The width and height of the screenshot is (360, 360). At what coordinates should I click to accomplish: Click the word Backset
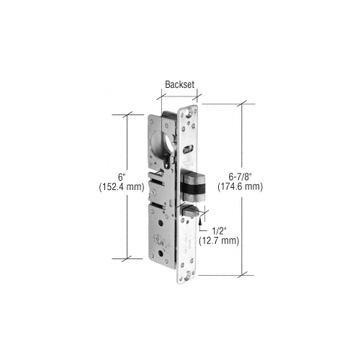pyautogui.click(x=179, y=84)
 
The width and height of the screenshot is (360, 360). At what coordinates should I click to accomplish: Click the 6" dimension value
pyautogui.click(x=122, y=177)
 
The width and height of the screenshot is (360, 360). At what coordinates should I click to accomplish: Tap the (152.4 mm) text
pyautogui.click(x=122, y=187)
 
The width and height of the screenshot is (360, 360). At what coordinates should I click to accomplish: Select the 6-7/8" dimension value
pyautogui.click(x=240, y=177)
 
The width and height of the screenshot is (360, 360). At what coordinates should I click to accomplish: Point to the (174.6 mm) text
pyautogui.click(x=240, y=186)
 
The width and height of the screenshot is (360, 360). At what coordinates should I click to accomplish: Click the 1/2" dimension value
pyautogui.click(x=220, y=231)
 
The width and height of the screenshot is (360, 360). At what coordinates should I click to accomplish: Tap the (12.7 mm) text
pyautogui.click(x=219, y=240)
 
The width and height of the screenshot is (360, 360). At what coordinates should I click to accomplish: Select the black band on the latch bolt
pyautogui.click(x=193, y=188)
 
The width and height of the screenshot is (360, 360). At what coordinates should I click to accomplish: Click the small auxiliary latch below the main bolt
pyautogui.click(x=191, y=211)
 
